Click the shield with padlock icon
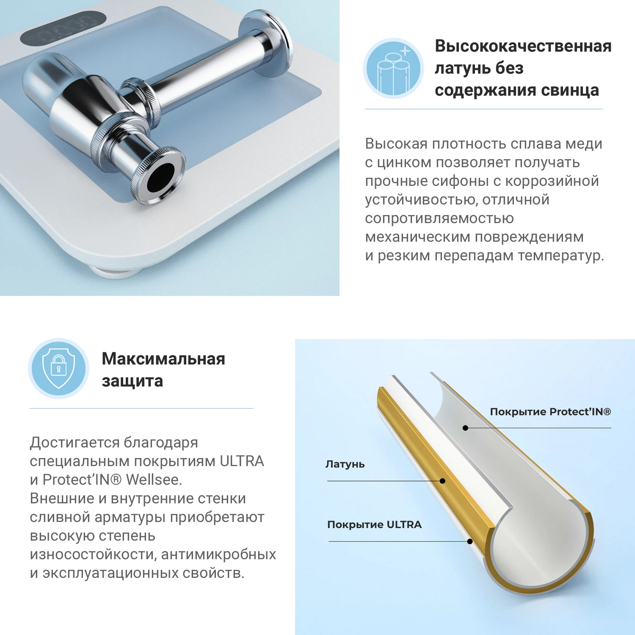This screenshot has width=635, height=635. (59, 368)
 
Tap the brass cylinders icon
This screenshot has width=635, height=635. (394, 69)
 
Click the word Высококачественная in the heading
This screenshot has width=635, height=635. (523, 46)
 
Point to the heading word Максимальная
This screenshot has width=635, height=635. (163, 359)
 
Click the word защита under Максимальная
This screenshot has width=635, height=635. (132, 381)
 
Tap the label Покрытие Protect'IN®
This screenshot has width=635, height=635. (550, 412)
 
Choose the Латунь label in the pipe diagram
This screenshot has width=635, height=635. (345, 464)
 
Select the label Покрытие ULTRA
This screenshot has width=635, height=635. (374, 525)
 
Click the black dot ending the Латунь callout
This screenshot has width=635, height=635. (442, 481)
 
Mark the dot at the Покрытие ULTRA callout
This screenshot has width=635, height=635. (469, 541)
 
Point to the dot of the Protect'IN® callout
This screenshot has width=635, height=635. (465, 428)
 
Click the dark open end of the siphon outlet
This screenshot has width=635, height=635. (160, 177)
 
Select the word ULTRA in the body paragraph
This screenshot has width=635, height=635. (242, 461)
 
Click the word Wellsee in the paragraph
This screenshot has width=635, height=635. (154, 480)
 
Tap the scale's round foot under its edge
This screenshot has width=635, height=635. (114, 271)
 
